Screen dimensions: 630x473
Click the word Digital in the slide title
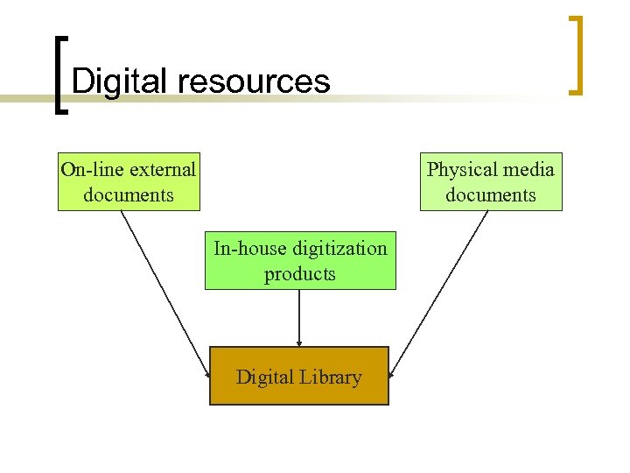(x=120, y=81)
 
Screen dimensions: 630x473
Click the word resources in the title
(x=254, y=81)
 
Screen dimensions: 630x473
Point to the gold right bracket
(x=576, y=54)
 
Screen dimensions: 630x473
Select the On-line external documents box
(x=129, y=182)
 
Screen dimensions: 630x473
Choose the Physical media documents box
(x=490, y=182)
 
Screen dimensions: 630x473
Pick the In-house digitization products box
(x=300, y=260)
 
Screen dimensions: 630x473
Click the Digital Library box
(x=298, y=376)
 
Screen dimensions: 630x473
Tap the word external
(x=162, y=169)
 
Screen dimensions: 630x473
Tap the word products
(x=300, y=274)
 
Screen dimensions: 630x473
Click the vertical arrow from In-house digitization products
(x=299, y=317)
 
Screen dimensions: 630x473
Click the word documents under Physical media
(x=490, y=194)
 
